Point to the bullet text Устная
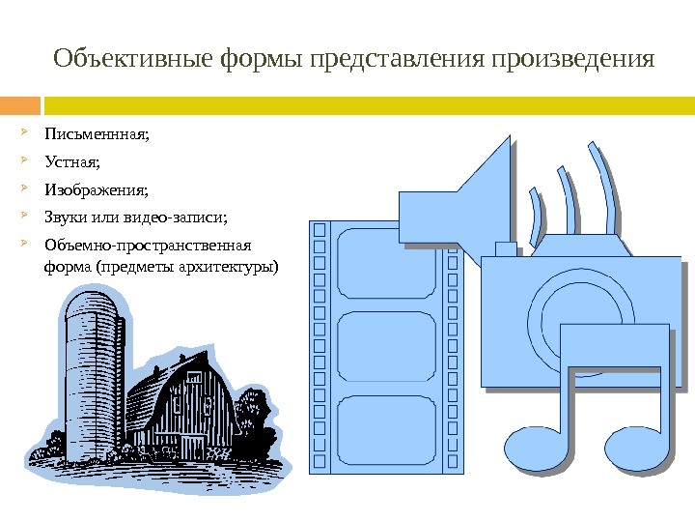click(x=71, y=161)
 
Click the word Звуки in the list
click(x=69, y=216)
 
